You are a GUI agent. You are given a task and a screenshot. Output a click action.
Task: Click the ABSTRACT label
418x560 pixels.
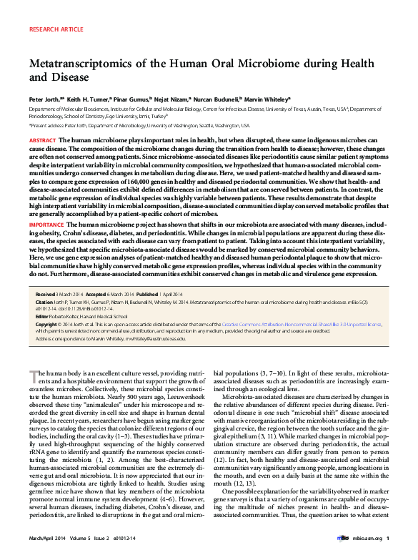(42, 140)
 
